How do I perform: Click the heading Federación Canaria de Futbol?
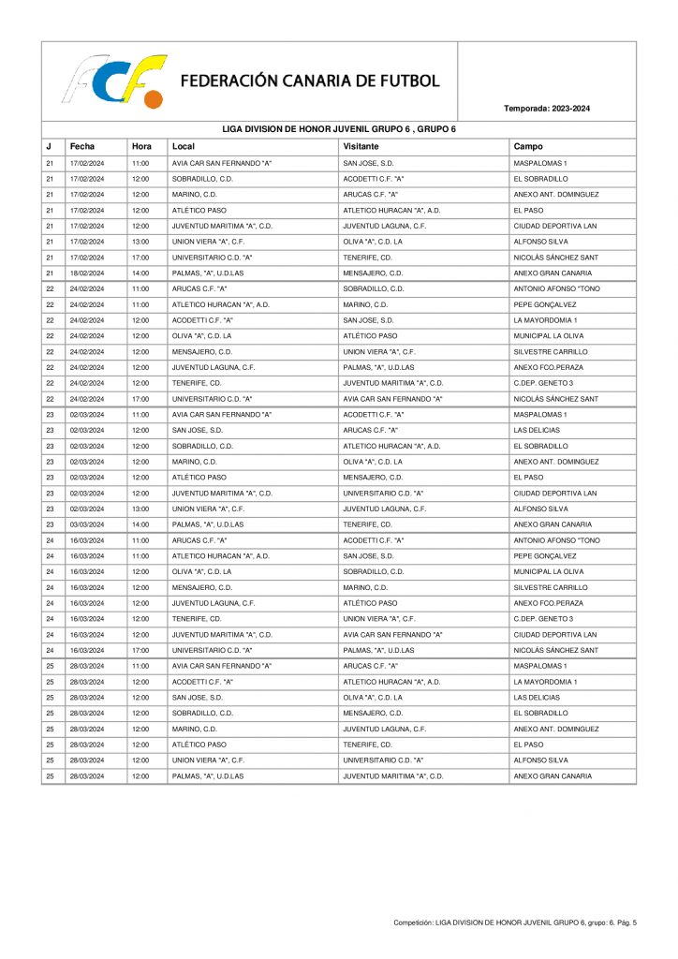(x=310, y=81)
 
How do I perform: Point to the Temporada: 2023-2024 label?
(x=547, y=109)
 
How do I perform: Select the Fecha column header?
(x=81, y=146)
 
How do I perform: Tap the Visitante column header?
(x=361, y=146)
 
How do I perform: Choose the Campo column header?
(x=528, y=146)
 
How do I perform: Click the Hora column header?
(x=141, y=146)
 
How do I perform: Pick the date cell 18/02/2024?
(x=86, y=273)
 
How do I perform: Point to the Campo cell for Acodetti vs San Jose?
(x=545, y=320)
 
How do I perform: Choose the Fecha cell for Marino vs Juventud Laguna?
(x=86, y=729)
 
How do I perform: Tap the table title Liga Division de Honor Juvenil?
(x=338, y=129)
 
